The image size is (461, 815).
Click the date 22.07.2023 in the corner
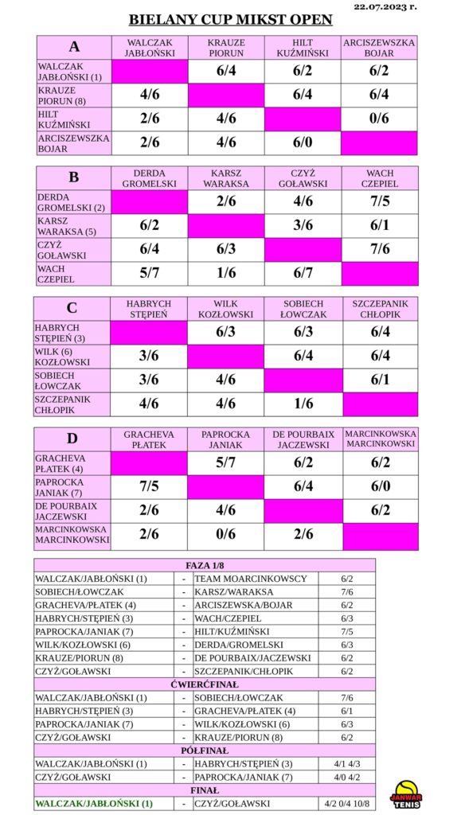[x=385, y=6]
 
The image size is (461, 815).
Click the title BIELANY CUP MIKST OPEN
[x=230, y=20]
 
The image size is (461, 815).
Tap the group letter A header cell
[x=74, y=47]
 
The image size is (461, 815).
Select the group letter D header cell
[x=72, y=439]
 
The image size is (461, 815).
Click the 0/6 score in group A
[x=380, y=119]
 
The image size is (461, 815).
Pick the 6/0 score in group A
[x=303, y=142]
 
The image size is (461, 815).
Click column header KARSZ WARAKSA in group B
[x=226, y=178]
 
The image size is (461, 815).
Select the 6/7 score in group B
[x=303, y=274]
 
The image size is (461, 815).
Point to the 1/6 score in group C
[x=303, y=404]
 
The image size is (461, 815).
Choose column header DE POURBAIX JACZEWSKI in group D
[x=303, y=439]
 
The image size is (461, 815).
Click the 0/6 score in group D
[x=226, y=534]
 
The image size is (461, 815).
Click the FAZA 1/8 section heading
[x=205, y=565]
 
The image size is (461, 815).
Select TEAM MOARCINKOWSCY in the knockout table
[x=251, y=579]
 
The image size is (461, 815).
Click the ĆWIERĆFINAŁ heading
[x=205, y=684]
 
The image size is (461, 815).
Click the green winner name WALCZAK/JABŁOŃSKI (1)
[x=92, y=804]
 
